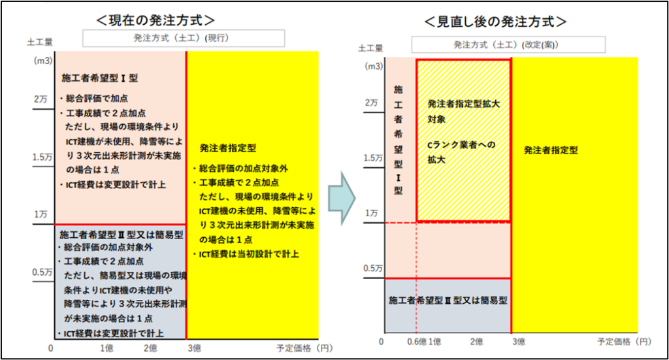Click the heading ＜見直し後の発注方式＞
click(495, 22)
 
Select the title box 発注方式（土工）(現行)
click(184, 39)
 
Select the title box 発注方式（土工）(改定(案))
click(508, 45)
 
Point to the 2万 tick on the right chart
click(372, 103)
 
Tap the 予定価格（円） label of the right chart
click(624, 342)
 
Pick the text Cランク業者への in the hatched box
click(461, 144)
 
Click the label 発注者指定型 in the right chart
click(551, 150)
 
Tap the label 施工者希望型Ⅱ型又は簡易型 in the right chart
click(448, 301)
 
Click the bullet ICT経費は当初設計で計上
click(250, 254)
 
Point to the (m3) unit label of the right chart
click(374, 66)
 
